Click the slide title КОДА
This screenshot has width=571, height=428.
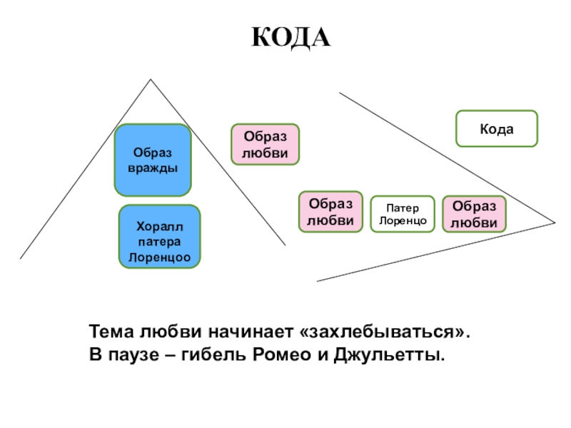pyautogui.click(x=291, y=37)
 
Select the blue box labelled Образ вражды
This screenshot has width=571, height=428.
pyautogui.click(x=153, y=160)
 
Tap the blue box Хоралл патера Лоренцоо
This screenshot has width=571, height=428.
pyautogui.click(x=159, y=236)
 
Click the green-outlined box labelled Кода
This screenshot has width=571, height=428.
pyautogui.click(x=496, y=128)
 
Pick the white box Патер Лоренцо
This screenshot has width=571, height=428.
pyautogui.click(x=403, y=215)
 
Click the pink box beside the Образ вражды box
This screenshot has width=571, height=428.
pyautogui.click(x=265, y=145)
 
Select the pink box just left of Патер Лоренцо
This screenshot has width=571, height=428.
pyautogui.click(x=330, y=213)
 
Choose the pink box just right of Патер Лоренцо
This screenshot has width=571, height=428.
pyautogui.click(x=474, y=215)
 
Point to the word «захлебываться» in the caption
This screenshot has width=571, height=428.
pyautogui.click(x=386, y=333)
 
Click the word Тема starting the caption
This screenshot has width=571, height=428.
pyautogui.click(x=109, y=333)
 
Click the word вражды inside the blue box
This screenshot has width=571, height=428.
pyautogui.click(x=153, y=168)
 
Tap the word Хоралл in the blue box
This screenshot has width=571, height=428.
pyautogui.click(x=160, y=226)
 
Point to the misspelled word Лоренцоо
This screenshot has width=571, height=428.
pyautogui.click(x=160, y=256)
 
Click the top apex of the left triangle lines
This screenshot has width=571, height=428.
pyautogui.click(x=151, y=79)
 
